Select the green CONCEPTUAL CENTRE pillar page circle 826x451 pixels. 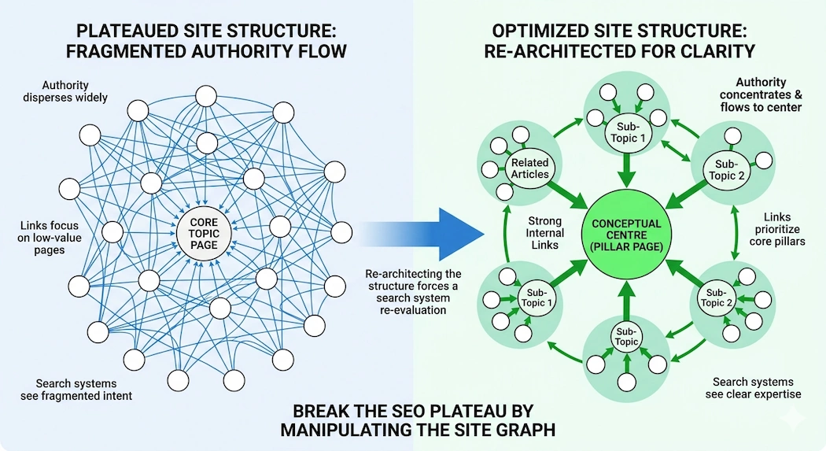(625, 235)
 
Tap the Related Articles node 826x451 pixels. (530, 168)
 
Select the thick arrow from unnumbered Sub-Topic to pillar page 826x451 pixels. (625, 298)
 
